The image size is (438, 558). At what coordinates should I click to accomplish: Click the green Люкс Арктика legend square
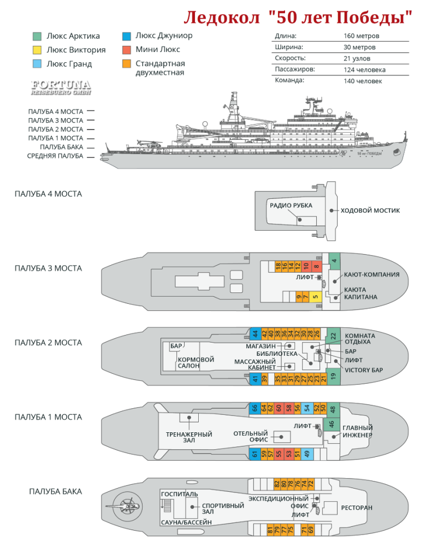(37, 37)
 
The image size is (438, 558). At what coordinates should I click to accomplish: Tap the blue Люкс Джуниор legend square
(126, 37)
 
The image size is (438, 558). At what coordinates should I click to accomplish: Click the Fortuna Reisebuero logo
(61, 87)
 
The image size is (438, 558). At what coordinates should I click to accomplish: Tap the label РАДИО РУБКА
(291, 205)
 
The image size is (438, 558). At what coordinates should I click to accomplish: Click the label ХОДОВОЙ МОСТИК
(370, 210)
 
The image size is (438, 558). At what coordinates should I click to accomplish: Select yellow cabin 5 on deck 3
(315, 298)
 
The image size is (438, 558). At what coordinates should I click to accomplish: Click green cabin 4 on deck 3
(334, 260)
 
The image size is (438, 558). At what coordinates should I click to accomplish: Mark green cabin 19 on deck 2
(334, 377)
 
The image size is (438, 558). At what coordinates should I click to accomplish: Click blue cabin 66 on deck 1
(255, 408)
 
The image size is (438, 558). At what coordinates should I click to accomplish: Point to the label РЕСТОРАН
(357, 508)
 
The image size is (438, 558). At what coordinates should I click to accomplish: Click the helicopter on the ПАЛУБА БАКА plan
(127, 507)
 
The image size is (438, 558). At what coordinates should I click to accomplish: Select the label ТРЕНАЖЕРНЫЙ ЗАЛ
(189, 438)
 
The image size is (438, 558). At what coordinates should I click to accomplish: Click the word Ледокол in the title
(222, 18)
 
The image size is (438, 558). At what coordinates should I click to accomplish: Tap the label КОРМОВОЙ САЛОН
(196, 363)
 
